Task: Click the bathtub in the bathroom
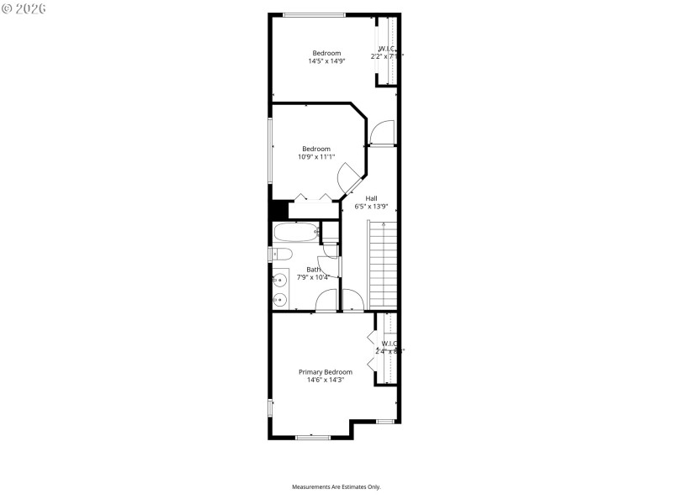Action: click(294, 231)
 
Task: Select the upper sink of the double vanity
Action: click(279, 279)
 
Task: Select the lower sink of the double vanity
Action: click(279, 298)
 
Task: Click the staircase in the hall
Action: click(382, 265)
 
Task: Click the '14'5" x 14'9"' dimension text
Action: click(326, 60)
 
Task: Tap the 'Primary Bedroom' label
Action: click(326, 371)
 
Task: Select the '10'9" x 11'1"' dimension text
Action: click(316, 156)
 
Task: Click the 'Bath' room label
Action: click(313, 269)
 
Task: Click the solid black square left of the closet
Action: click(278, 211)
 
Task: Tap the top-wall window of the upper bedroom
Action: click(314, 14)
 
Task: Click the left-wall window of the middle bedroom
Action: click(270, 150)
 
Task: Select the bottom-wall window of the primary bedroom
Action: click(312, 437)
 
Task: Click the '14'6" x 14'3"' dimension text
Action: click(326, 380)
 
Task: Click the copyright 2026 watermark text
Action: click(24, 8)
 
